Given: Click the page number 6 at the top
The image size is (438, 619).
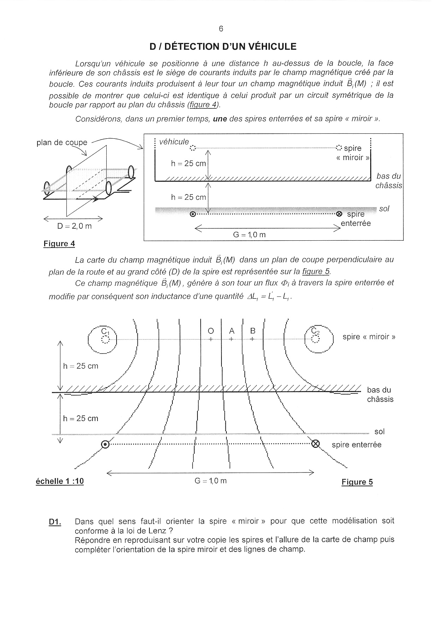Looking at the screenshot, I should (221, 29).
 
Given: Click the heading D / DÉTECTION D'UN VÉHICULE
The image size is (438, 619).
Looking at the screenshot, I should (223, 47).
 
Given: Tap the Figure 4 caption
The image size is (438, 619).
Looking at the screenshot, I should (59, 244).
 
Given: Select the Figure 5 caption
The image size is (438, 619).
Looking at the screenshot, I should (357, 482).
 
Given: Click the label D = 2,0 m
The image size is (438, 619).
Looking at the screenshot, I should (74, 226).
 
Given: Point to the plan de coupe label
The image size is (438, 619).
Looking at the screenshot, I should (62, 143).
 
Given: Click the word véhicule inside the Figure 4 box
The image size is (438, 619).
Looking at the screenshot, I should (174, 142).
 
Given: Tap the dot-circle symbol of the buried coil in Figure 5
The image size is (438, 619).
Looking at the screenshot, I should (105, 445).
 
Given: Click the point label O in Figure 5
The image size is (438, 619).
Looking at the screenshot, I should (211, 331).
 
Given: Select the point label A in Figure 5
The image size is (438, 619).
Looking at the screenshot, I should (232, 331).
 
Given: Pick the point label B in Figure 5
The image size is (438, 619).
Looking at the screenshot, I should (253, 331).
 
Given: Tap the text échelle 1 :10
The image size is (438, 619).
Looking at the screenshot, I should (60, 481).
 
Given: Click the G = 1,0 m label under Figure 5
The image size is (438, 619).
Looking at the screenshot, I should (211, 481).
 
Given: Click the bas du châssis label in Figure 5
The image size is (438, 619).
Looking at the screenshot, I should (380, 395).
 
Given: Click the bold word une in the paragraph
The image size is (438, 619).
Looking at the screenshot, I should (220, 119).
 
